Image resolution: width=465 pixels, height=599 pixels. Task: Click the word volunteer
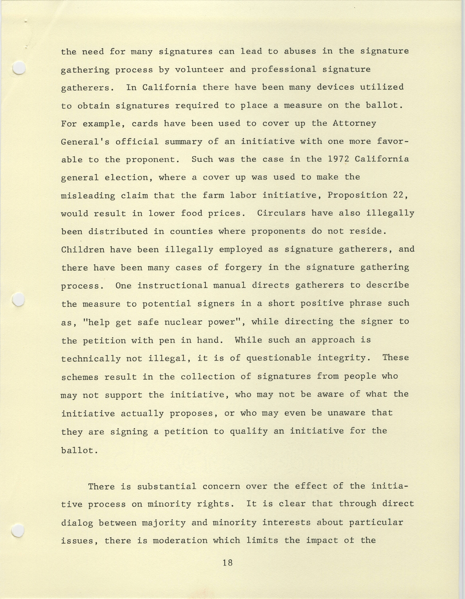199,70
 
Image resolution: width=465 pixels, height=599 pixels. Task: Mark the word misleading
88,195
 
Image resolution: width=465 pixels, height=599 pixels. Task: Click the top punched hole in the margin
19,68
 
